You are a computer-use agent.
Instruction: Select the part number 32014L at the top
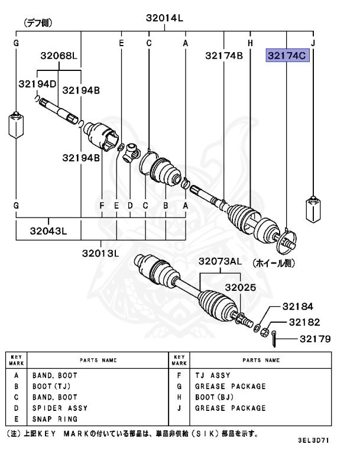tap(165, 18)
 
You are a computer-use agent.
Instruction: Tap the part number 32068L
tap(59, 56)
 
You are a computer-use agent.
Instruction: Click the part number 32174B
tap(224, 56)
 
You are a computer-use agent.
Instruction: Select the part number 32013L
tap(100, 253)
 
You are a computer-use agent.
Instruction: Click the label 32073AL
tap(220, 261)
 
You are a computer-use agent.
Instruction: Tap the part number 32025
tap(239, 288)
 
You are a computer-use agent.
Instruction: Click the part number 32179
tap(314, 339)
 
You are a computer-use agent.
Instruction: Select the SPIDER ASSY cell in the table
tap(60, 408)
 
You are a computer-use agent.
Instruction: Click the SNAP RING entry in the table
tap(54, 419)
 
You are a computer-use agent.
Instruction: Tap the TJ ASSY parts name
tap(212, 375)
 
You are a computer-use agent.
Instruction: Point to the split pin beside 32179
tap(275, 339)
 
